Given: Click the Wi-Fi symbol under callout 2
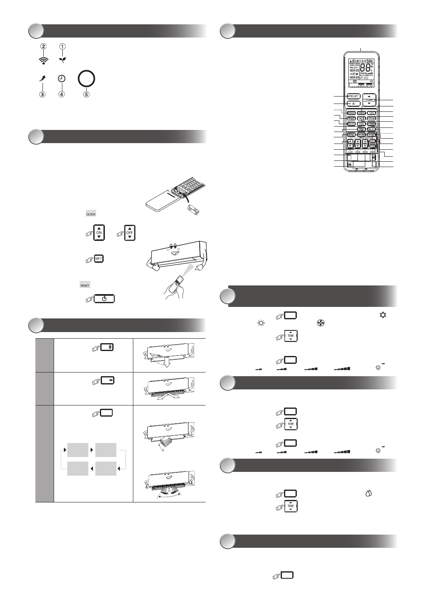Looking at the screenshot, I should pos(43,60).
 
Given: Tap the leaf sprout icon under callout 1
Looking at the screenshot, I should pos(62,59).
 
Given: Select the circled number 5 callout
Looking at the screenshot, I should pos(86,94).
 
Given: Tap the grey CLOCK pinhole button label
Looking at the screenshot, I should pos(90,213).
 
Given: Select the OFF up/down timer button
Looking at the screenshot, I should pos(130,233).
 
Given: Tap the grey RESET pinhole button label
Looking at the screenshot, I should pos(85,284).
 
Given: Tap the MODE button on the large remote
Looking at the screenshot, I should pos(352,113).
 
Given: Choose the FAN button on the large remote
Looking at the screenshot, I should pos(371,113).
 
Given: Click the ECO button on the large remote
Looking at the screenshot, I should pos(361,123).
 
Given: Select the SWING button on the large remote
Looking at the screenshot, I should pos(362,113).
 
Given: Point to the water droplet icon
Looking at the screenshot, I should pos(369,493).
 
